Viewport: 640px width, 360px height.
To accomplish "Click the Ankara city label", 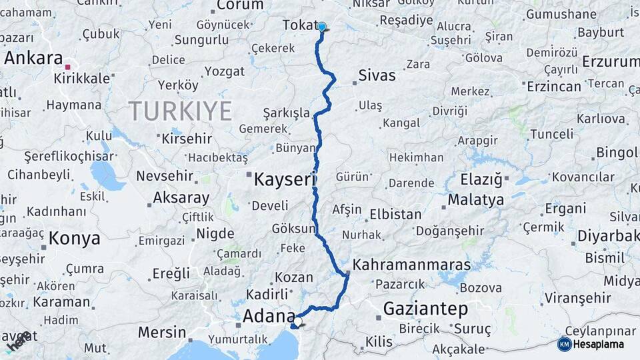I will pyautogui.click(x=33, y=58).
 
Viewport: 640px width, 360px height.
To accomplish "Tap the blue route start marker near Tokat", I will pyautogui.click(x=322, y=27).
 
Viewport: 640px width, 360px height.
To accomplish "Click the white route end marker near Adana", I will pyautogui.click(x=297, y=322).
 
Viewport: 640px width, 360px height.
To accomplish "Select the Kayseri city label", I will pyautogui.click(x=283, y=179).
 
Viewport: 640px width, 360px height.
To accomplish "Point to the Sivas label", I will pyautogui.click(x=377, y=75).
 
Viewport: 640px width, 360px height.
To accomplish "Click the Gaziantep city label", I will pyautogui.click(x=425, y=309).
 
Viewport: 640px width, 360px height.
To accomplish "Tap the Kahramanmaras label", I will pyautogui.click(x=411, y=265).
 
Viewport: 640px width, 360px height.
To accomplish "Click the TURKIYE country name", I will pyautogui.click(x=180, y=110).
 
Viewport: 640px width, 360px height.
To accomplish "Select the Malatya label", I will pyautogui.click(x=475, y=199).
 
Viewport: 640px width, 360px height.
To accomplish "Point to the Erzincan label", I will pyautogui.click(x=553, y=87).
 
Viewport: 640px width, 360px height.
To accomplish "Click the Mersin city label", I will pyautogui.click(x=162, y=331).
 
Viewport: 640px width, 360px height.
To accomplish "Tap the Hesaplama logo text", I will pyautogui.click(x=601, y=344).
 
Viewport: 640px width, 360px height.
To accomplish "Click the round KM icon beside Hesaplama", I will pyautogui.click(x=564, y=344).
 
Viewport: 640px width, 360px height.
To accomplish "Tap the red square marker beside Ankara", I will pyautogui.click(x=67, y=67).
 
